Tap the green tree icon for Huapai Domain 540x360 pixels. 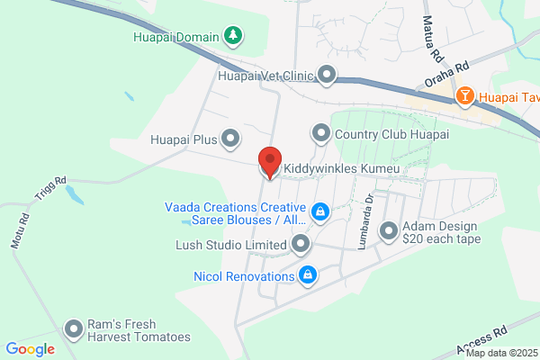tap(234, 35)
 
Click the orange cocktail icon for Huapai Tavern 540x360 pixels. tap(465, 95)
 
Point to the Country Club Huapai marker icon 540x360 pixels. tap(320, 134)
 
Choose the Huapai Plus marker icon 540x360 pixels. tap(231, 139)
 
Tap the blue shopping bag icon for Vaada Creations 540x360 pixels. tap(319, 211)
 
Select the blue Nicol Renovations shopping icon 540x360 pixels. tap(308, 274)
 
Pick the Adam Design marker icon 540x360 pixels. tap(389, 231)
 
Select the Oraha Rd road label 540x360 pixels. tap(448, 76)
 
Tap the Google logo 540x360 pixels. tap(30, 349)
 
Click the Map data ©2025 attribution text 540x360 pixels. tap(499, 353)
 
